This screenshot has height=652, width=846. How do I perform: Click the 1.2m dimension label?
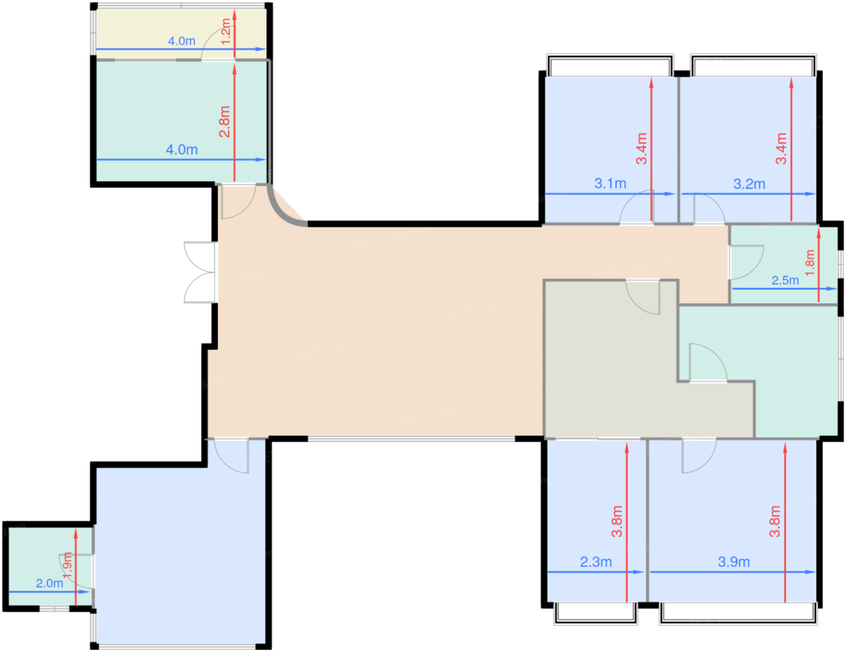pos(226,31)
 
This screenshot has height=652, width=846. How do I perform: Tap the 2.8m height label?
pos(225,121)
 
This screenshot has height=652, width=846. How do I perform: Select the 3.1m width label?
pos(610,183)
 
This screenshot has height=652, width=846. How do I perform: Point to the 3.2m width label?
pos(749,184)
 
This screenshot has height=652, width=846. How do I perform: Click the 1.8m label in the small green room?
pos(809,263)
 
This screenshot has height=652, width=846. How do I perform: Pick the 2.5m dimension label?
pos(785,280)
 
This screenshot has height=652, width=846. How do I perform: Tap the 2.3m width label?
pos(596,562)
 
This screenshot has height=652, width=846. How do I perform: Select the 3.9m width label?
pos(734,562)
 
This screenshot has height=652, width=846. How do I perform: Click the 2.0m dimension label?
pos(50,583)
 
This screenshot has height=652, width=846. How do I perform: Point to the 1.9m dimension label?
pos(67,565)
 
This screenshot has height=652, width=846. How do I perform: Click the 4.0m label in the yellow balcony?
pos(181,41)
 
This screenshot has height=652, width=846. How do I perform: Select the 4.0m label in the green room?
pos(181,149)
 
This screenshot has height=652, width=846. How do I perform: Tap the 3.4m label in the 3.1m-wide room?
pos(641,148)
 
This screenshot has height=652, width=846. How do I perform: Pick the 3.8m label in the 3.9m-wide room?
pos(774,521)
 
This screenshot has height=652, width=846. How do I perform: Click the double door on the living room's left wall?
pos(200,273)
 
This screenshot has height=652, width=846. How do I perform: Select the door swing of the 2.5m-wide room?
pos(747,262)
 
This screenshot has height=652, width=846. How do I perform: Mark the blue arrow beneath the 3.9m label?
pos(732,572)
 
